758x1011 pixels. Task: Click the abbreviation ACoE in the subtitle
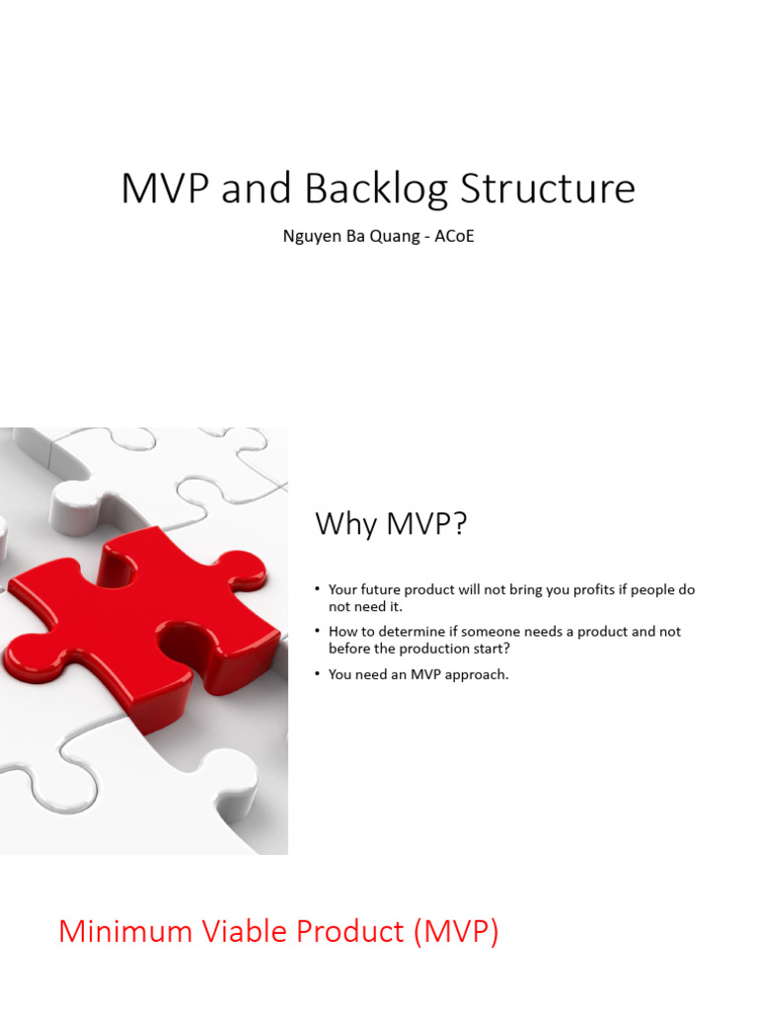click(x=453, y=237)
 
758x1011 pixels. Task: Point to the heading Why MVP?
click(x=390, y=524)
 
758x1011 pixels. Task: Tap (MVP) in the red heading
click(x=455, y=931)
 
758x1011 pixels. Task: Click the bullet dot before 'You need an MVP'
click(x=318, y=674)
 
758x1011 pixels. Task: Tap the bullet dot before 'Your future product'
click(x=318, y=589)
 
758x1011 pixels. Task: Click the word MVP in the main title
click(x=165, y=189)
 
